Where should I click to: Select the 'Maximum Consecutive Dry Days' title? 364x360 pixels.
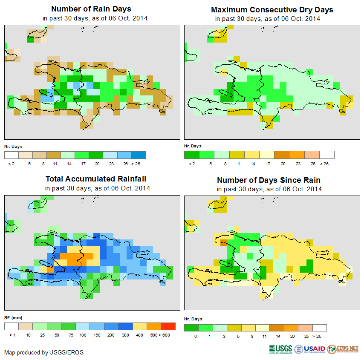tap(272, 9)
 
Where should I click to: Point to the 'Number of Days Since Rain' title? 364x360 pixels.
tap(269, 180)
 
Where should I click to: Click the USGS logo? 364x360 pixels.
tap(280, 349)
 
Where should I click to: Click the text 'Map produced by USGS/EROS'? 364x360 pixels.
tap(44, 352)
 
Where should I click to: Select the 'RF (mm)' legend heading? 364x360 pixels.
tap(13, 317)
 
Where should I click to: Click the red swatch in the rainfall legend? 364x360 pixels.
tap(168, 326)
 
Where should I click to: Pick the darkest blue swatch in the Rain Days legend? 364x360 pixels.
tap(139, 155)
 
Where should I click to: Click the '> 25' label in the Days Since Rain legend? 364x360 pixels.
tap(320, 337)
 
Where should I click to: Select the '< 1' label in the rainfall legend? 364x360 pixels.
tap(12, 335)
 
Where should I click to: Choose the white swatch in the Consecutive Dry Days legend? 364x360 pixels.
tap(327, 155)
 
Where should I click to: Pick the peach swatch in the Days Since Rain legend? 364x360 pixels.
tap(305, 328)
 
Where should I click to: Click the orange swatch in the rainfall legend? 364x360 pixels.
tap(153, 326)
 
